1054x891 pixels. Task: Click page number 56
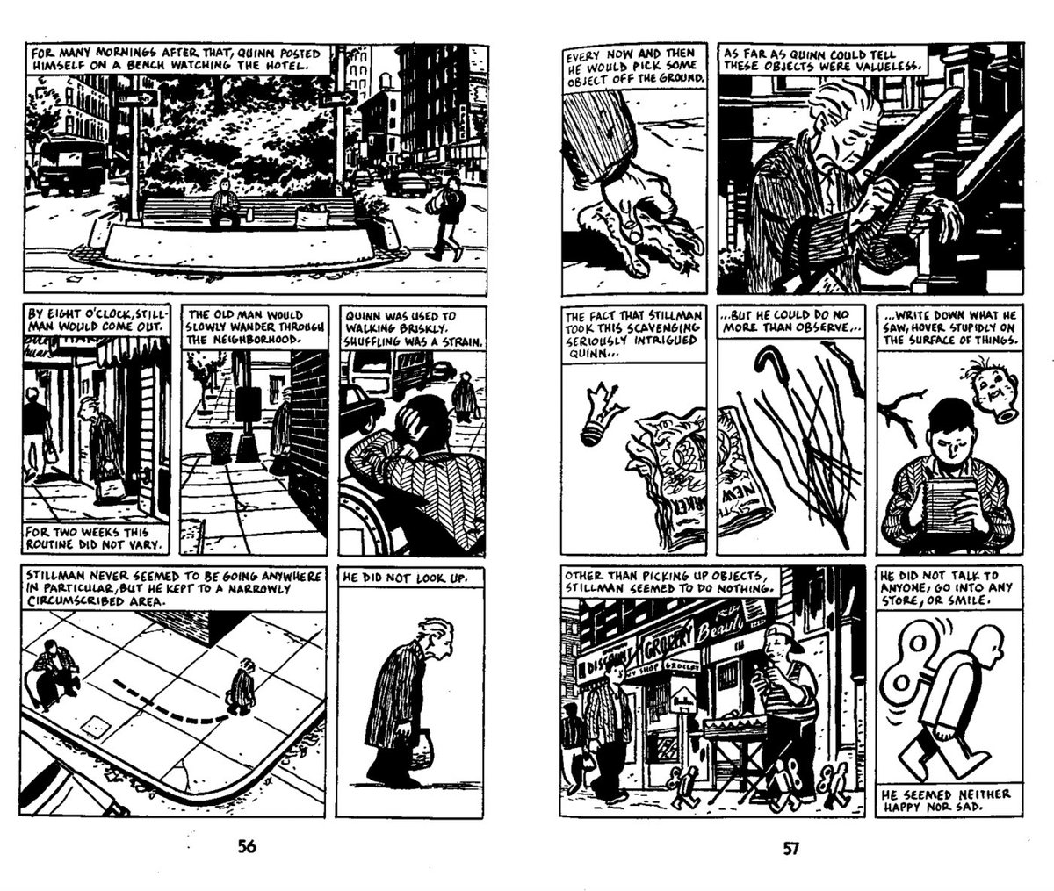point(247,847)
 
